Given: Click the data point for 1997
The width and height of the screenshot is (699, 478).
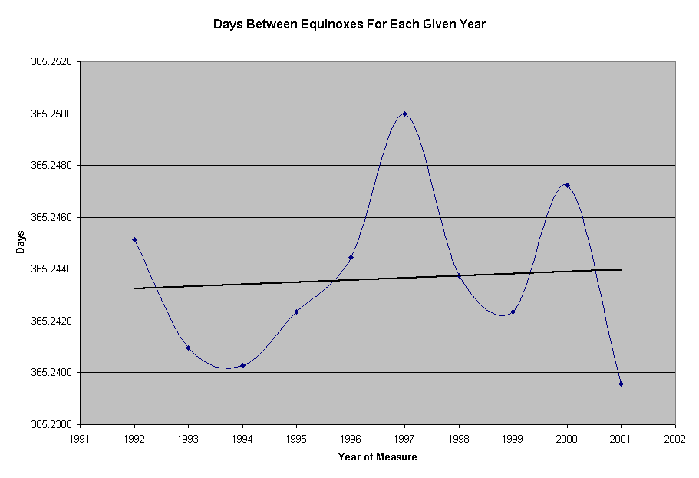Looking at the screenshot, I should [404, 114].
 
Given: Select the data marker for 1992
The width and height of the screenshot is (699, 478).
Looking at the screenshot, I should [134, 239].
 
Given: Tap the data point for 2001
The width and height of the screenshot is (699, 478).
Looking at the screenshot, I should [621, 384].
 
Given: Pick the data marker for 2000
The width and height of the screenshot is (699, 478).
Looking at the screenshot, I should [567, 185].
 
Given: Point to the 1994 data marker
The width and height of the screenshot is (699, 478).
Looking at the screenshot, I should [242, 365].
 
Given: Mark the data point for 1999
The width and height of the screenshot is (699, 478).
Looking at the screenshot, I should [513, 312].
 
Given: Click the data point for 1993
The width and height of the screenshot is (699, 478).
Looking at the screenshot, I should [188, 348].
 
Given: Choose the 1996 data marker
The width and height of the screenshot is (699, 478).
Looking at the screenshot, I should [351, 257].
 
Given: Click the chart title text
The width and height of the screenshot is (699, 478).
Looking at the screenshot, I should [349, 25].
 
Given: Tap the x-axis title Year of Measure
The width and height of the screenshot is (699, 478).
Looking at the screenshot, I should [378, 457].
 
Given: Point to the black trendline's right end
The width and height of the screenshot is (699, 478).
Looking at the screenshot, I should [620, 269].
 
